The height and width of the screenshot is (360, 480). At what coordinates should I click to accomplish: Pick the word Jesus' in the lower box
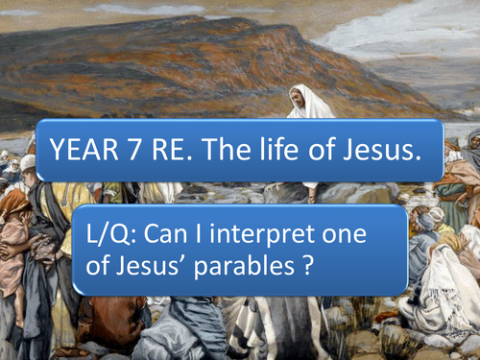[x=160, y=264]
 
